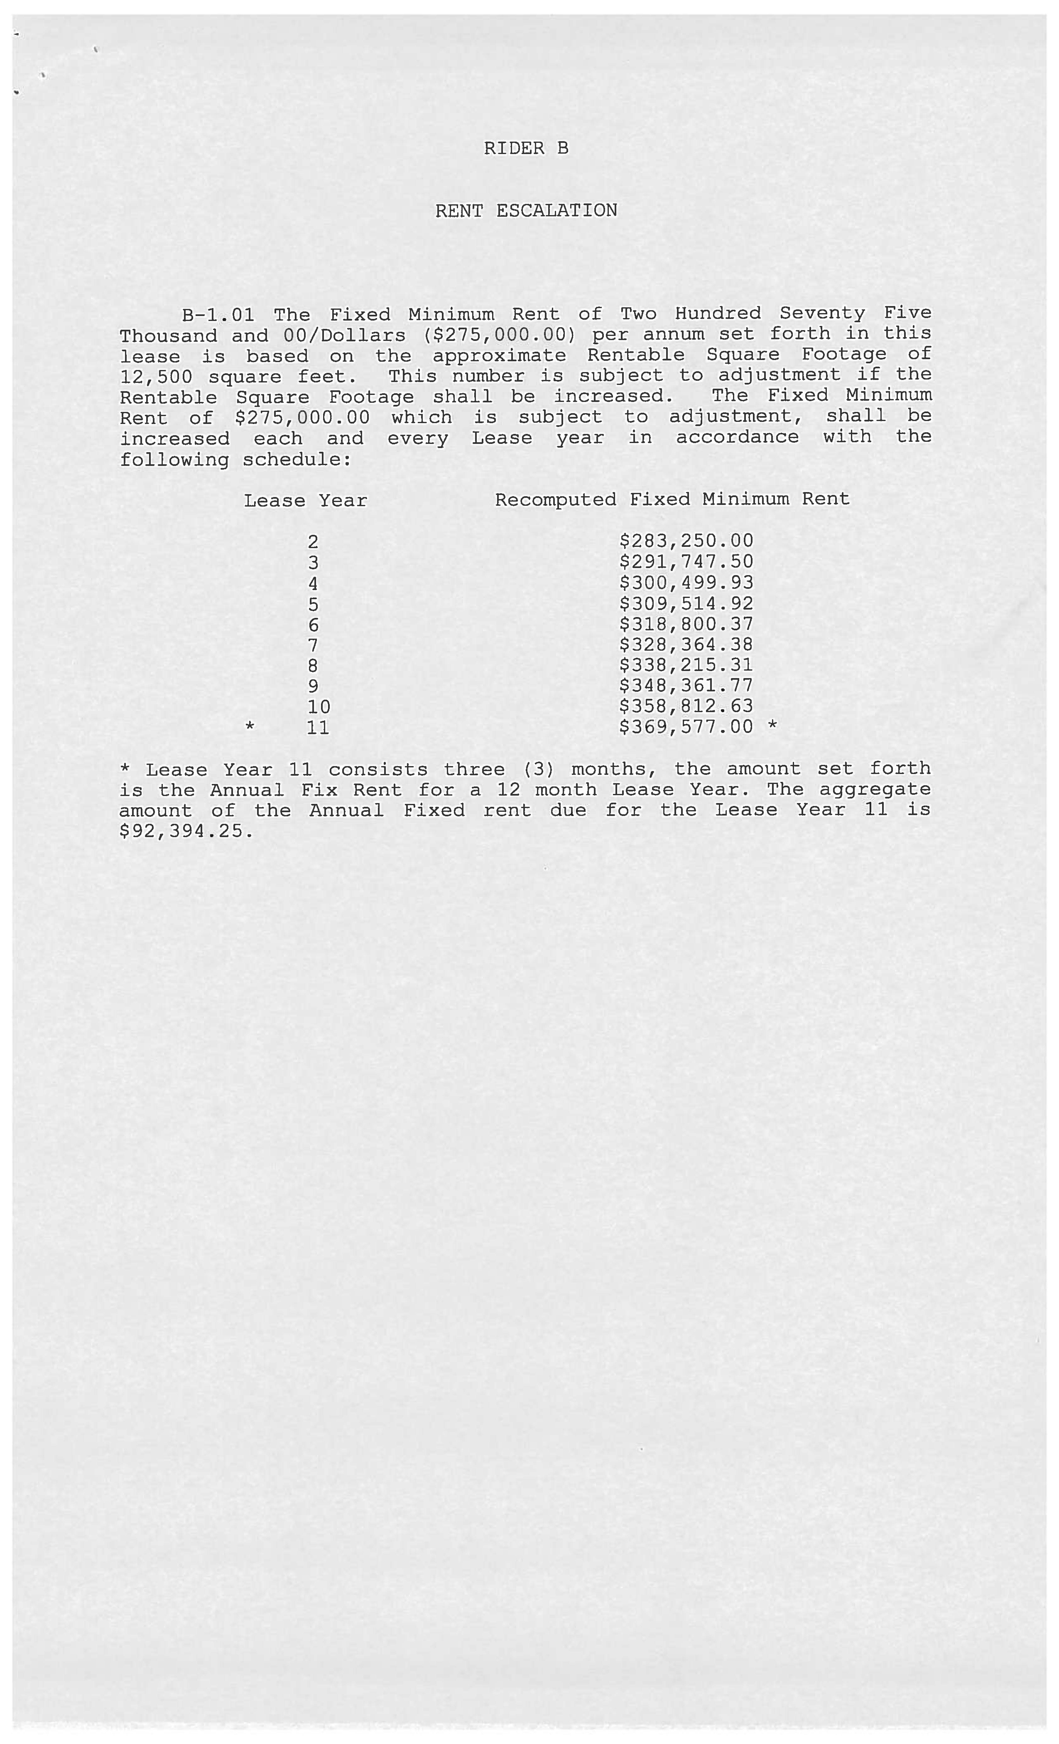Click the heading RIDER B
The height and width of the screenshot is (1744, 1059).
point(526,149)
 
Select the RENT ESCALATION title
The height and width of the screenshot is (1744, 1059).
point(526,211)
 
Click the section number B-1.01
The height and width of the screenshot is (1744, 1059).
point(218,314)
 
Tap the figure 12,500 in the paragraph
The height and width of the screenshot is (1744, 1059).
point(156,377)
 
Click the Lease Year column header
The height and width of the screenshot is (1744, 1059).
point(305,501)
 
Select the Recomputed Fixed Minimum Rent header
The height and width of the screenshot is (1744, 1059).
point(672,500)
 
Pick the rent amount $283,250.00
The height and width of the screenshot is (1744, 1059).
point(686,541)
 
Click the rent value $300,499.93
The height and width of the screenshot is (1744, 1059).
point(686,583)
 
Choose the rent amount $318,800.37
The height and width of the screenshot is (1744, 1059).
point(686,624)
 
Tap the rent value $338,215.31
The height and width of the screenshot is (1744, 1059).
point(686,665)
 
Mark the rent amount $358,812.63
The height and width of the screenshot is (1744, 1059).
point(686,706)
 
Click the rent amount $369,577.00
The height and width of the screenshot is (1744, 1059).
point(686,727)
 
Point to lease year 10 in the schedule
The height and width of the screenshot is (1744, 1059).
point(319,707)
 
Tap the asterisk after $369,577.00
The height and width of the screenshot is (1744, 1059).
point(772,726)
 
